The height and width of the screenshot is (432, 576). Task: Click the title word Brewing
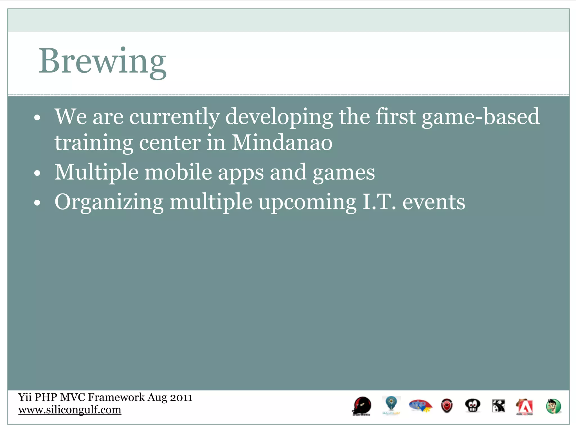coord(102,61)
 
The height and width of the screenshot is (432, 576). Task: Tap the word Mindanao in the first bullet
coord(282,143)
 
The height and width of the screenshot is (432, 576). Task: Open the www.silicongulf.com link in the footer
coord(70,410)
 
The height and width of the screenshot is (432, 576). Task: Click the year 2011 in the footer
coord(181,397)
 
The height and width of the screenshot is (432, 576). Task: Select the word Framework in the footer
coord(116,397)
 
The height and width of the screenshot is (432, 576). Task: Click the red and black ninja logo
coord(362,406)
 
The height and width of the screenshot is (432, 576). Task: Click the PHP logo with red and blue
coord(420,406)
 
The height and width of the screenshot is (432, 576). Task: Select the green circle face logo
coord(553,406)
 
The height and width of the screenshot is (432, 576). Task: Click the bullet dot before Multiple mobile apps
coord(37,173)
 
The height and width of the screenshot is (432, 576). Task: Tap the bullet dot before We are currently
coord(37,118)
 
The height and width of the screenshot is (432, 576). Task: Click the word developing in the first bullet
coord(279,117)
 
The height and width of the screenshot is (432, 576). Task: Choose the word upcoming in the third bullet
coord(307,202)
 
